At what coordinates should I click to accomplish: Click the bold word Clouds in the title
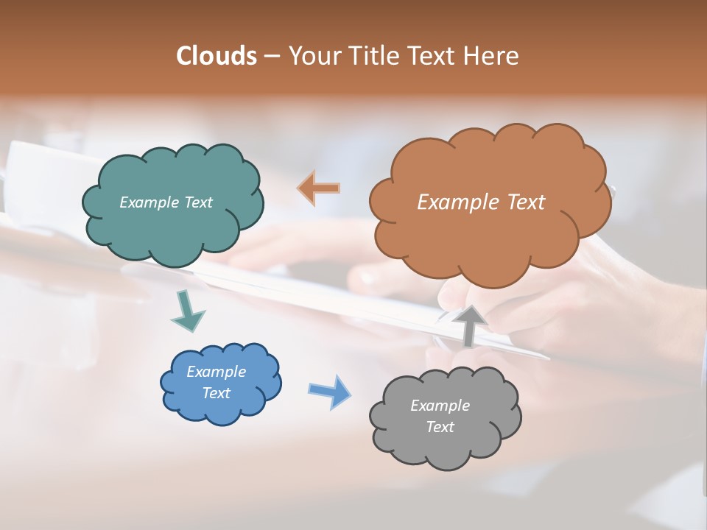217,56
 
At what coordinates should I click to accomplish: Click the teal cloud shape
172,228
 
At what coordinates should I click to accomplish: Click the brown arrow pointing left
318,188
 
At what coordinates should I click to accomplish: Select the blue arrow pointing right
329,391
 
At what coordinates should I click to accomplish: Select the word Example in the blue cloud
216,372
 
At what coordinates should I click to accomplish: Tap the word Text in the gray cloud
440,427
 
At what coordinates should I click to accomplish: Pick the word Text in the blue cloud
216,393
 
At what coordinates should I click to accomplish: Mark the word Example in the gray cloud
440,406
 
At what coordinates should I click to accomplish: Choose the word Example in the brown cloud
454,202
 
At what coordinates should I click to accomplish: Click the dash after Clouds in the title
271,57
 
